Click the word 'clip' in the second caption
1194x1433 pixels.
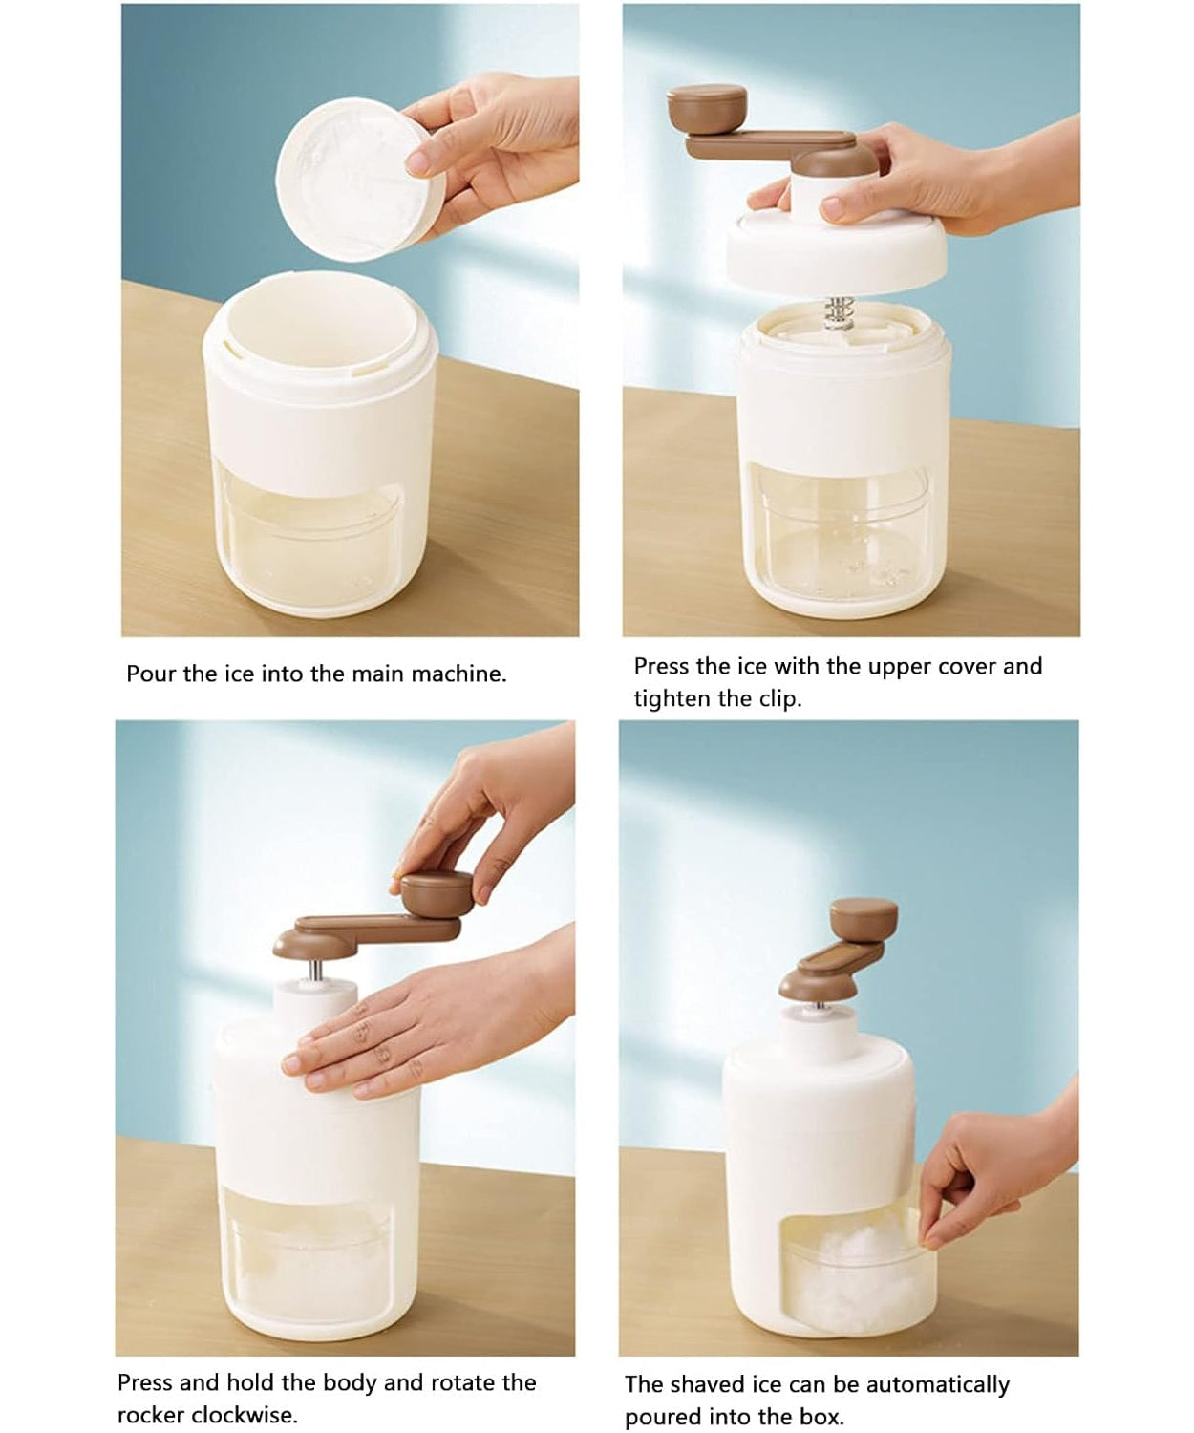(x=778, y=698)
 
